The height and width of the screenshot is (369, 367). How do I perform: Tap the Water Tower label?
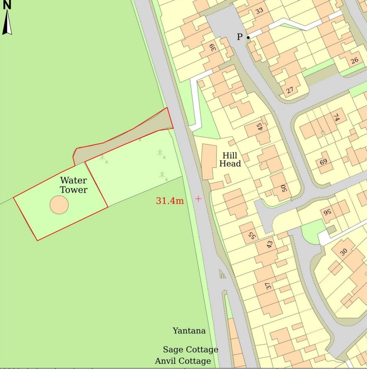73,185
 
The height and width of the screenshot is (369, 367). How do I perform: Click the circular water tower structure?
59,205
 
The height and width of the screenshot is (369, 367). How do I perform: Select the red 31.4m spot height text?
170,201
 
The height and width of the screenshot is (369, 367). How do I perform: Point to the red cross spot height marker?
198,199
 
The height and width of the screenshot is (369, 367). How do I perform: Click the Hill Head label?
230,159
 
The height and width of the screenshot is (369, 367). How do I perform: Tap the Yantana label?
189,331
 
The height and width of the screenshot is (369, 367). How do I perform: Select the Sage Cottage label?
190,349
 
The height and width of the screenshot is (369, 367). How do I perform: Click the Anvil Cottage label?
183,361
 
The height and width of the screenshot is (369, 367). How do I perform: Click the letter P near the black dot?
240,37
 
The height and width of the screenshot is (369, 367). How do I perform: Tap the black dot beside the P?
248,38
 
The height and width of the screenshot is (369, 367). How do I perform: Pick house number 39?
213,47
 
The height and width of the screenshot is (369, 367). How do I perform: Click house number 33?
259,11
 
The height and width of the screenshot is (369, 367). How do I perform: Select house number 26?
354,60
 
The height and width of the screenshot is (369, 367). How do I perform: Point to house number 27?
290,90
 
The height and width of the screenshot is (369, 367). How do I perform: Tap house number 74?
336,117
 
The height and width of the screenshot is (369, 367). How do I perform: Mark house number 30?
344,252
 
